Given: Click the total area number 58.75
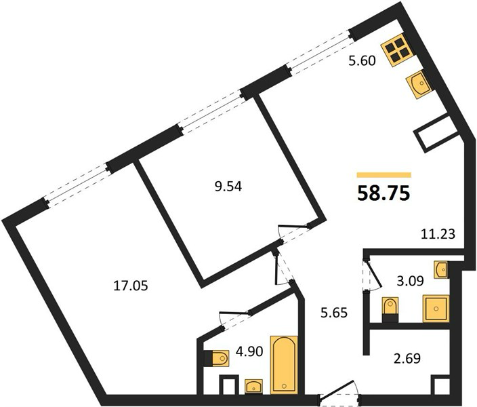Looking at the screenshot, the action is [383, 193].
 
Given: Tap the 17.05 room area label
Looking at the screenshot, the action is [131, 286].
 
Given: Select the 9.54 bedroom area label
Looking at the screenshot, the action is [228, 187].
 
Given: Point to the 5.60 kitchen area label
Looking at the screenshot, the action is [362, 61].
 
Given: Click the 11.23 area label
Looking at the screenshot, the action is [438, 234].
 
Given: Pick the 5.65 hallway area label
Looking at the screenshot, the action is [334, 313].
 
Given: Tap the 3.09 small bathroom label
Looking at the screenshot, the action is [410, 281].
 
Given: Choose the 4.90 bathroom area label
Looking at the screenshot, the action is [249, 351].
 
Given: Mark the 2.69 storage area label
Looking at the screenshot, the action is [407, 358].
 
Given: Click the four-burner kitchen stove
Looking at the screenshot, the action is [397, 50].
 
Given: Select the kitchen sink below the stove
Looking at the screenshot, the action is [419, 84].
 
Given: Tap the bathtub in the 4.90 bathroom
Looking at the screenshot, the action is [284, 365].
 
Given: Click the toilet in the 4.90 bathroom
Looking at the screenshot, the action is [216, 358].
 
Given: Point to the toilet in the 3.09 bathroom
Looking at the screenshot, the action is [390, 310].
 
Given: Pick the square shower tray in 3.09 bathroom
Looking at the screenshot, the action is [436, 309].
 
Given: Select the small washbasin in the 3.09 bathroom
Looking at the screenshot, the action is [441, 269].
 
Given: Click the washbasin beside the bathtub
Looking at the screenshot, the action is [253, 387].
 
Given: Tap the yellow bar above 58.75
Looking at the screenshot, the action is [384, 175].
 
